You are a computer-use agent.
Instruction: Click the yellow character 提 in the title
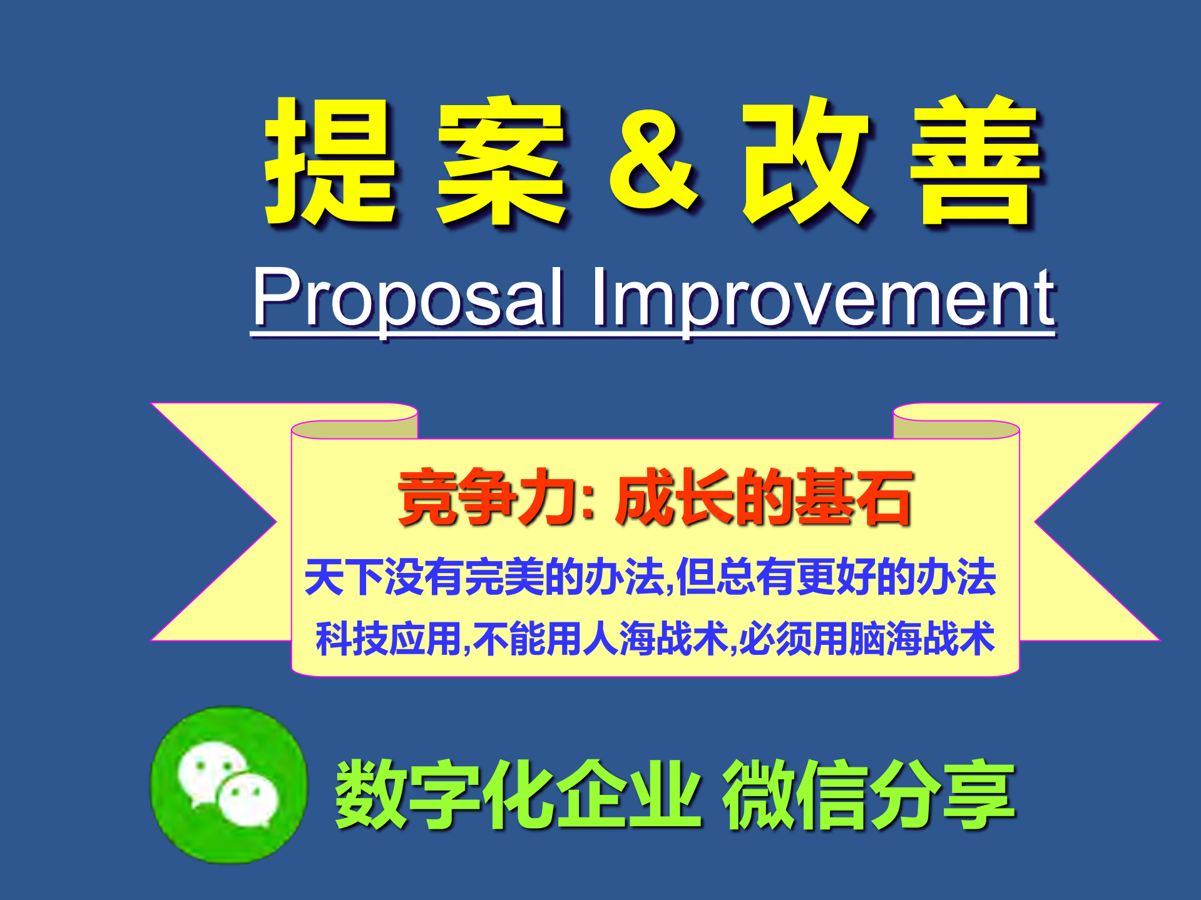330,161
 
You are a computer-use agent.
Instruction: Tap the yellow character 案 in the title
501,161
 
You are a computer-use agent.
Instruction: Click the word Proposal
407,297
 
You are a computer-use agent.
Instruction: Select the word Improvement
823,297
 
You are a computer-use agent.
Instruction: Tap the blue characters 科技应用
388,639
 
